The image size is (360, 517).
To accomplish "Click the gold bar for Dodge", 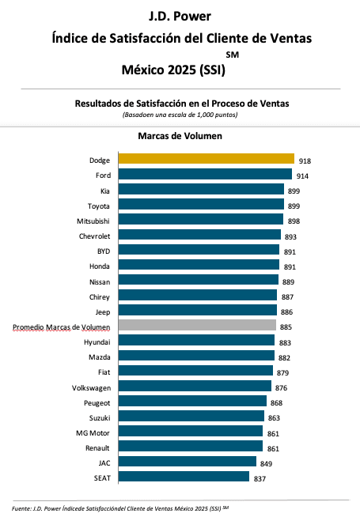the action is point(207,159).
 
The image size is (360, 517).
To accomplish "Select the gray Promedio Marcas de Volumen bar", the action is point(197,325).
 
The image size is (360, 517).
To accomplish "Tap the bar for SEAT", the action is point(184,476).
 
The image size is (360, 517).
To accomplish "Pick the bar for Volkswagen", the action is point(195,386).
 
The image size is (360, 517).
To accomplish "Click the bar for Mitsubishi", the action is point(201,219).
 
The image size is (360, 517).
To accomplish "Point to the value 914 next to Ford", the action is point(302,176).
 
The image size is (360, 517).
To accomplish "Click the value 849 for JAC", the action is point(266,464).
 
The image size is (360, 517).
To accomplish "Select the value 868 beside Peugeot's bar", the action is point(276,403).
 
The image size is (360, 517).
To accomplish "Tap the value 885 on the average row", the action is point(286,327).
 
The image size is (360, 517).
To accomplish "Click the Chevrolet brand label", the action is point(94,236).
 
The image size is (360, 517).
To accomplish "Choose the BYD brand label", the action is point(104,251).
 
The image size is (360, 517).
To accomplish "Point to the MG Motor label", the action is point(93,433).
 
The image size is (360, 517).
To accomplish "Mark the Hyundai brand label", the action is point(97,342).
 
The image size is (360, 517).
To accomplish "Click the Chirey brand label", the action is point(100,297).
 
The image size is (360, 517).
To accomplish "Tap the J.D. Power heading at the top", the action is point(180,16).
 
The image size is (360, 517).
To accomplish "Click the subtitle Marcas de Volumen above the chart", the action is point(180,136).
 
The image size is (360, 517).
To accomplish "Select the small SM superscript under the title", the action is point(233,55).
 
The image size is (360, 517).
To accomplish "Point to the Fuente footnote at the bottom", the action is point(120,508).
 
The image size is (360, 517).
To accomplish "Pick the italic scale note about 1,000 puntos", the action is point(180,115).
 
